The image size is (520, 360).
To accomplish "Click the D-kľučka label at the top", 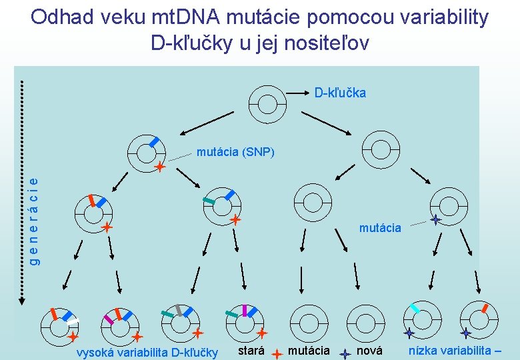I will [340, 93].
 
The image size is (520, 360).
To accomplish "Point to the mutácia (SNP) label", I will [235, 152].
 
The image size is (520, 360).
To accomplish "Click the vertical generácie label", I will [38, 220].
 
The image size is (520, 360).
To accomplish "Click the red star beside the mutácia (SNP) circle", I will [160, 167].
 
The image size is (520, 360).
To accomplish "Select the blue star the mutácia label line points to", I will [435, 219].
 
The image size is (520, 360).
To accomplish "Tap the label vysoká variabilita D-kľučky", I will [147, 352].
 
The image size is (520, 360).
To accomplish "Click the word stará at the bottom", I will [251, 351].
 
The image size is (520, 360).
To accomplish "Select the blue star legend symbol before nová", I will [345, 355].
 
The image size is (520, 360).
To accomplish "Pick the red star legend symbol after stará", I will [276, 354].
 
